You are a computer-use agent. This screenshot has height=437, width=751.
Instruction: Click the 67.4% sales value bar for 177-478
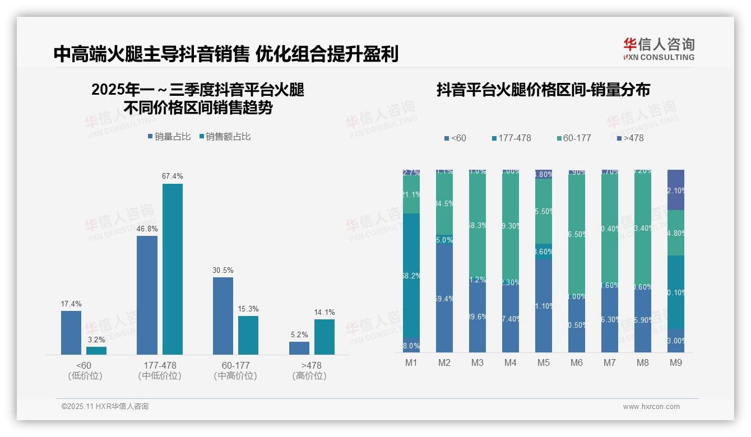173,269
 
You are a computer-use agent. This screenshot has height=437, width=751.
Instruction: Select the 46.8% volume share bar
147,295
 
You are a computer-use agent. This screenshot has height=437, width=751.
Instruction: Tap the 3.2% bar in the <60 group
96,350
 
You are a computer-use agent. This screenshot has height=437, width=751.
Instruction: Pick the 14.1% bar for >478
324,337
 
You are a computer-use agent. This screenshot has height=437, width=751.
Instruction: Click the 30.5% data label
222,270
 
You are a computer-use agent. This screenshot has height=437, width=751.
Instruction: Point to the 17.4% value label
71,304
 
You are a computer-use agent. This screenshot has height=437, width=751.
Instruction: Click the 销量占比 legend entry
169,136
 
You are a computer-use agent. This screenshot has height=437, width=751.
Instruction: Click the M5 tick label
543,363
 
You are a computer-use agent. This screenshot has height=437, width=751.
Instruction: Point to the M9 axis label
676,363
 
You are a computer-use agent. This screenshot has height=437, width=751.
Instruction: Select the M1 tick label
411,363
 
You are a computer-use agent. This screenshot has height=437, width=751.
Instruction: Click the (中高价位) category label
235,376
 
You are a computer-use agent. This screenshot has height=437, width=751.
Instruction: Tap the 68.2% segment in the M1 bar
411,276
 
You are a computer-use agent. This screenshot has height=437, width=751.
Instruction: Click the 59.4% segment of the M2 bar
444,298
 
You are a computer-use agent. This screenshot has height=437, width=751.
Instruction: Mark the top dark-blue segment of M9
676,189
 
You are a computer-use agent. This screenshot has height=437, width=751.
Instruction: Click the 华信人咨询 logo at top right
659,49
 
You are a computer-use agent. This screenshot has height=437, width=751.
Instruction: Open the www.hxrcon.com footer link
651,407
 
